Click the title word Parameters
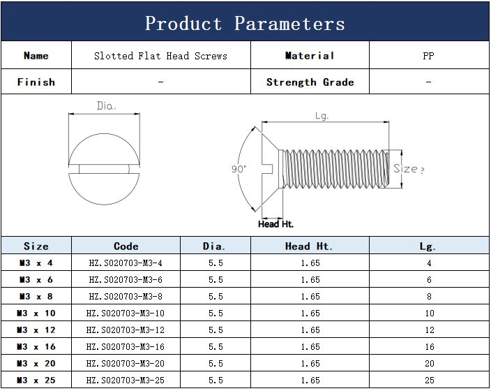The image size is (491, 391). pos(289,24)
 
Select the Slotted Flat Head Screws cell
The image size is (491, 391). pos(160,56)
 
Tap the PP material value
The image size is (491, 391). pos(428,56)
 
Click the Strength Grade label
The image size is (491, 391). pos(310,82)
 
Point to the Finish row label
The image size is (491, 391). pos(36,82)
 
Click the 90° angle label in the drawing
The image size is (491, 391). pos(239,169)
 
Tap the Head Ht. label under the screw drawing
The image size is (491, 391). pos(275,224)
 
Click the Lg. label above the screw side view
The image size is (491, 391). pos(322,116)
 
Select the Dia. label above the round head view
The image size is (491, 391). pos(107,105)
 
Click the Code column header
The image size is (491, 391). pos(126,246)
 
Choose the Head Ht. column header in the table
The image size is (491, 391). pos(308,246)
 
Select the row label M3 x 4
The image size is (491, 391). pos(36,263)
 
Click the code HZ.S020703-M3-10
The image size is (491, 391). pos(126,313)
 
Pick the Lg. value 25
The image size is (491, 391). pos(430,381)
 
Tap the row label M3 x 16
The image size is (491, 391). pos(36,347)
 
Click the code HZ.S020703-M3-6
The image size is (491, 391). pos(126,280)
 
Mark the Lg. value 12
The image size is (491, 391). pos(430,330)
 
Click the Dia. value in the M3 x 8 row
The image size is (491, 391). pos(216,296)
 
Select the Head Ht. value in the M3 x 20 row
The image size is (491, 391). pos(310,363)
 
